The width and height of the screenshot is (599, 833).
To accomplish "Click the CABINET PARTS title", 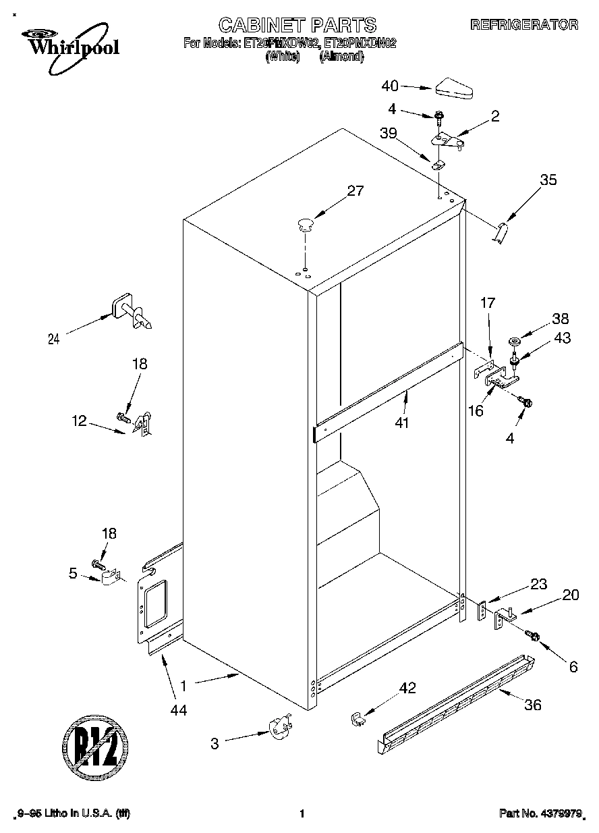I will (x=297, y=26).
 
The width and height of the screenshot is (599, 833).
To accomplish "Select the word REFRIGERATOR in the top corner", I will (x=524, y=25).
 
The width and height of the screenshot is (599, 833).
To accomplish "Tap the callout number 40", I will (x=390, y=86).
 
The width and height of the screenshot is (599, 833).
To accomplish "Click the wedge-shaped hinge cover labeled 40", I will (x=455, y=88).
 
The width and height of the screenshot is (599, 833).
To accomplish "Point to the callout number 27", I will (x=355, y=191).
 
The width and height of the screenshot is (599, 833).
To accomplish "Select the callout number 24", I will (x=53, y=340).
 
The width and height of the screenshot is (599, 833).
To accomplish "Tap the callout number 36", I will (x=532, y=705).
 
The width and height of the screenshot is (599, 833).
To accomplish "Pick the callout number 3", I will (x=215, y=744).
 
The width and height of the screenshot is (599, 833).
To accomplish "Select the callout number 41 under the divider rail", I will (x=403, y=423).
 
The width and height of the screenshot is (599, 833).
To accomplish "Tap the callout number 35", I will (x=548, y=180).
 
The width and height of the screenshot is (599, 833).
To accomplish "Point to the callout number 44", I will (x=178, y=709).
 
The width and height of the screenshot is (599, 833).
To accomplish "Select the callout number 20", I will (x=571, y=595).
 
